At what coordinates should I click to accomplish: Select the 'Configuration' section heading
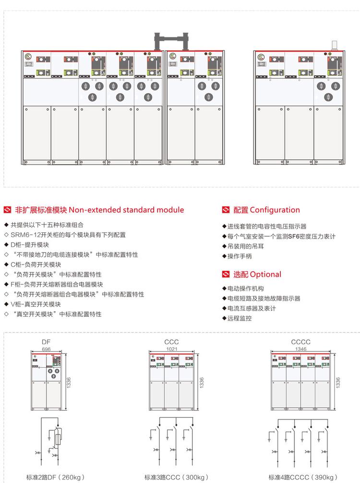pyautogui.click(x=266, y=210)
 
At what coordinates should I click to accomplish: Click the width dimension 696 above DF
pyautogui.click(x=46, y=349)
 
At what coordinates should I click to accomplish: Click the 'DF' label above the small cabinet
pyautogui.click(x=46, y=342)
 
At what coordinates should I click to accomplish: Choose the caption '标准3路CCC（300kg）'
pyautogui.click(x=177, y=477)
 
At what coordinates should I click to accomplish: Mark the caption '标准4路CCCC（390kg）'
pyautogui.click(x=304, y=477)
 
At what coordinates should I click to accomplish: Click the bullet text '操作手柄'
pyautogui.click(x=240, y=256)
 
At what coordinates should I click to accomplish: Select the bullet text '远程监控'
pyautogui.click(x=240, y=318)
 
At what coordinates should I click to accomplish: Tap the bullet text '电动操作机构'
pyautogui.click(x=246, y=288)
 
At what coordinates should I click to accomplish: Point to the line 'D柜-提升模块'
pyautogui.click(x=33, y=244)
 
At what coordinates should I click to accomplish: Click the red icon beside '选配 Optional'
pyautogui.click(x=226, y=275)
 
